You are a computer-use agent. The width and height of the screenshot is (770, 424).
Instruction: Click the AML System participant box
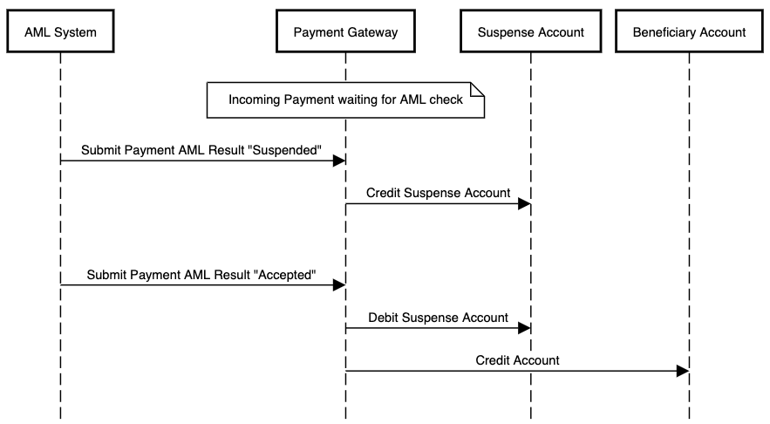point(60,32)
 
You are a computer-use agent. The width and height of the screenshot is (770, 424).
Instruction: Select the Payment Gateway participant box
point(345,32)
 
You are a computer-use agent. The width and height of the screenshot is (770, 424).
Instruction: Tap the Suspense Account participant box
point(530,32)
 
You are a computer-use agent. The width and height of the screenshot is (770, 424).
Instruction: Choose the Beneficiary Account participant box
point(689,32)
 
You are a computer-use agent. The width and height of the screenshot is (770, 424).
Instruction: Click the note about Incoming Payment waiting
point(345,99)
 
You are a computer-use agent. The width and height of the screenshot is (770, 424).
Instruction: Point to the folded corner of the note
point(477,88)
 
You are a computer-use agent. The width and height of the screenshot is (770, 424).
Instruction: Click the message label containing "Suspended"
point(201,150)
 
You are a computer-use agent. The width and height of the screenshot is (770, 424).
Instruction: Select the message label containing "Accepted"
point(201,275)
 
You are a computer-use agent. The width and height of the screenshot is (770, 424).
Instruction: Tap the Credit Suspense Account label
point(438,193)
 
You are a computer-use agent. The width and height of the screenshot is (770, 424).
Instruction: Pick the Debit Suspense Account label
point(438,318)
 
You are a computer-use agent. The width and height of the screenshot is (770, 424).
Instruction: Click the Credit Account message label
point(517,359)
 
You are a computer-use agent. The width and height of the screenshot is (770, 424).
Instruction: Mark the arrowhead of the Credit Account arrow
point(683,371)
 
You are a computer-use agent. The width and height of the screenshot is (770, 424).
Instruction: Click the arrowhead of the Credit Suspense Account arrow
point(524,204)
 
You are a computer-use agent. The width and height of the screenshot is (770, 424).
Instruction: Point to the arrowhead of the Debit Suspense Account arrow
point(524,328)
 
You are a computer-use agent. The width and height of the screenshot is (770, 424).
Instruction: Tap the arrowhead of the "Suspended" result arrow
point(339,161)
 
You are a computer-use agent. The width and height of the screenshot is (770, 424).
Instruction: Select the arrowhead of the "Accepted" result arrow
point(339,285)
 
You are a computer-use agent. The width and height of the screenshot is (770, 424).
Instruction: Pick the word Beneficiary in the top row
point(660,32)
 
